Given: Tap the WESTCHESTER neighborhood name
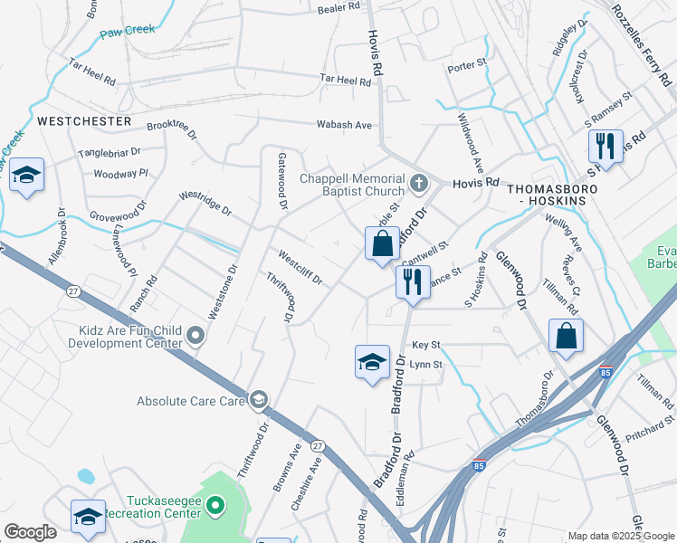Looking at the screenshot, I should pos(84,120).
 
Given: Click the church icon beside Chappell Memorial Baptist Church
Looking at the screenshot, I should pos(418,184).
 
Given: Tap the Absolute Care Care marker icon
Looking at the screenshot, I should pos(259,400).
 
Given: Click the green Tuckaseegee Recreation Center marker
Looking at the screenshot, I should pos(215,505).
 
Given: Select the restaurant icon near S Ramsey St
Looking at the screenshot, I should pos(604,146).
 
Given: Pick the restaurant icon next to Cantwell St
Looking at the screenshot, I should pos(412,281).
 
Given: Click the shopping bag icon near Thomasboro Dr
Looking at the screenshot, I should pos(566,336).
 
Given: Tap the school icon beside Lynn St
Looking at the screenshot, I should pos(371,363).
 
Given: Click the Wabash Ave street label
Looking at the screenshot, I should pos(344,125).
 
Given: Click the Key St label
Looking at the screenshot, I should pos(425,346).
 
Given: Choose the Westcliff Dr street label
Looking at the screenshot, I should pos(300,267).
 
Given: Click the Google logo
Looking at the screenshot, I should pos(31,532).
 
